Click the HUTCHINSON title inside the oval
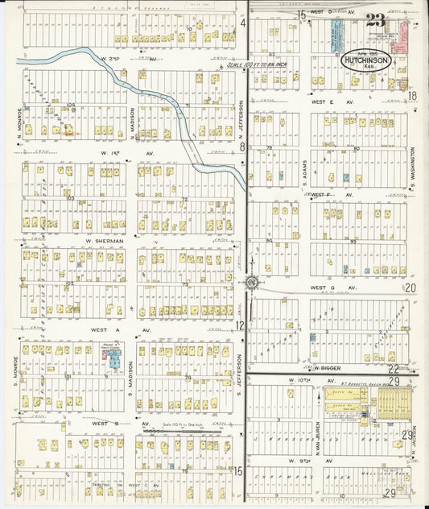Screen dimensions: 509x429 pyautogui.click(x=367, y=60)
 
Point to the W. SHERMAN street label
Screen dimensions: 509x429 pyautogui.click(x=104, y=241)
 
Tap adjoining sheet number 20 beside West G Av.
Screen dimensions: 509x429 pyautogui.click(x=410, y=288)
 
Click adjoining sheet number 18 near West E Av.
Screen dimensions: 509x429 pyautogui.click(x=412, y=96)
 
